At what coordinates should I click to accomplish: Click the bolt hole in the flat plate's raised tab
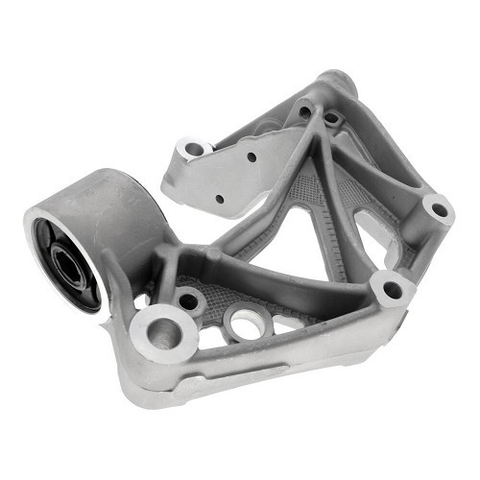(x=195, y=149)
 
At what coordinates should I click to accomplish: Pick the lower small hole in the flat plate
(x=220, y=199)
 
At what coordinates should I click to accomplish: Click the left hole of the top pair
(x=304, y=111)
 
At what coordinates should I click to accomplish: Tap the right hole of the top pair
(x=332, y=119)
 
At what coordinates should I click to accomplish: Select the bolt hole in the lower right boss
(x=391, y=286)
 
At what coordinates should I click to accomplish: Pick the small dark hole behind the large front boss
(x=189, y=300)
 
